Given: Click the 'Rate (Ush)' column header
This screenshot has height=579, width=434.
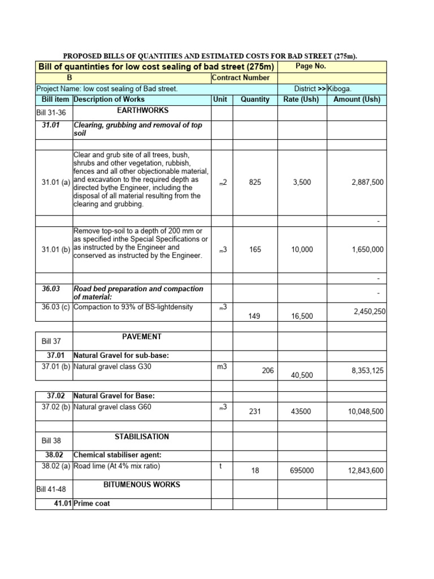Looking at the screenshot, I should click(301, 100).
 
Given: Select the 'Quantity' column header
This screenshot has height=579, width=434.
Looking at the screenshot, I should click(255, 100).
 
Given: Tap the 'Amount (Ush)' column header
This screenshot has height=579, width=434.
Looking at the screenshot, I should click(357, 100).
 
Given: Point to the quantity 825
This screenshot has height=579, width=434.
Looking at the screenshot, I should click(255, 183).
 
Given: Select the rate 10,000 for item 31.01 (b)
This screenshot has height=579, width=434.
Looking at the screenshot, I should click(302, 250).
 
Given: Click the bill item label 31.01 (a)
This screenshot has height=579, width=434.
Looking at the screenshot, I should click(55, 183).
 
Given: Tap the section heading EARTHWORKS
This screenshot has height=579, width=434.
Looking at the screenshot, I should click(142, 111).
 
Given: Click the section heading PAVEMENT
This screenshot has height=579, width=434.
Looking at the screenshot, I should click(142, 337).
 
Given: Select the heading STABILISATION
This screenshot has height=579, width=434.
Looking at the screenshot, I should click(142, 437).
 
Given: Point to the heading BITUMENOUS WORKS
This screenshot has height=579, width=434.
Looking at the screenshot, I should click(142, 485).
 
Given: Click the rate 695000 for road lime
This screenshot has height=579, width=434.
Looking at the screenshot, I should click(301, 470).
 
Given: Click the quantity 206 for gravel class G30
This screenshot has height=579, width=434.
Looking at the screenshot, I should click(268, 371).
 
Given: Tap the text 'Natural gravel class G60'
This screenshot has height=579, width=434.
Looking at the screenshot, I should click(112, 407).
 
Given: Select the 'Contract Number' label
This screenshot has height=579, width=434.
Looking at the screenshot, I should click(241, 77).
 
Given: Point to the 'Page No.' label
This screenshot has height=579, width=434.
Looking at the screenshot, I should click(311, 66).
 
